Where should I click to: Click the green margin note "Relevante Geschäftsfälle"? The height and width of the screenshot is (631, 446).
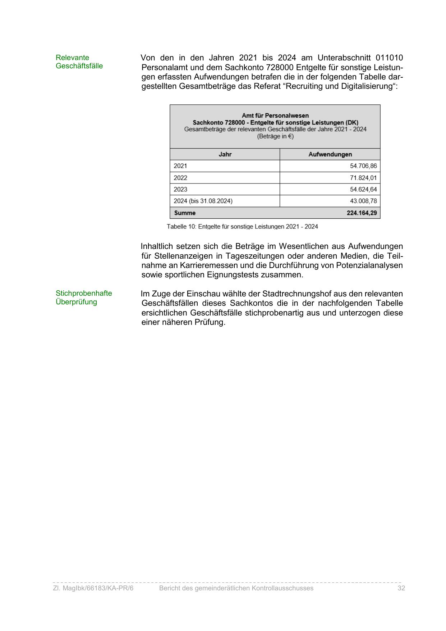click(x=79, y=62)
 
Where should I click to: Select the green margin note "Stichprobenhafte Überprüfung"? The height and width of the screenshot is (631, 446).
click(x=84, y=298)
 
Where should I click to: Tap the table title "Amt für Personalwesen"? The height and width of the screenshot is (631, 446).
click(x=275, y=115)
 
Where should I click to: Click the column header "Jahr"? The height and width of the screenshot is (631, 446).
click(x=225, y=154)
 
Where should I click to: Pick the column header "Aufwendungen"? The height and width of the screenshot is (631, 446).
click(x=330, y=154)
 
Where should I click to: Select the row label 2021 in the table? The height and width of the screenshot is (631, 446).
click(x=180, y=166)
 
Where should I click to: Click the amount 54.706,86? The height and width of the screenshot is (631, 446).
click(x=363, y=166)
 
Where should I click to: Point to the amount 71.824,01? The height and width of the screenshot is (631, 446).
click(x=363, y=178)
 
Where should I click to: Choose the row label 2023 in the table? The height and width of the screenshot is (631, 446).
click(x=180, y=189)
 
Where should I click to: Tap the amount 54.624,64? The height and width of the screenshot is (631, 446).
click(x=363, y=189)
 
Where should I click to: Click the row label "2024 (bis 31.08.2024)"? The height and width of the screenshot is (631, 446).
click(x=203, y=201)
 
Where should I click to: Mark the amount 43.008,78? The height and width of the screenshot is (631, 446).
click(x=363, y=201)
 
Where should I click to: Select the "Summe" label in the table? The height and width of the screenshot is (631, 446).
click(x=185, y=213)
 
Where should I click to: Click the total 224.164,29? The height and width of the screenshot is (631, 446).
click(x=362, y=213)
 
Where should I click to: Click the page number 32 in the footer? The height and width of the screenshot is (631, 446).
click(x=401, y=588)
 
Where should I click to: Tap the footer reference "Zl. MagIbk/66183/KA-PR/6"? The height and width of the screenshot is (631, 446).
click(x=93, y=588)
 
